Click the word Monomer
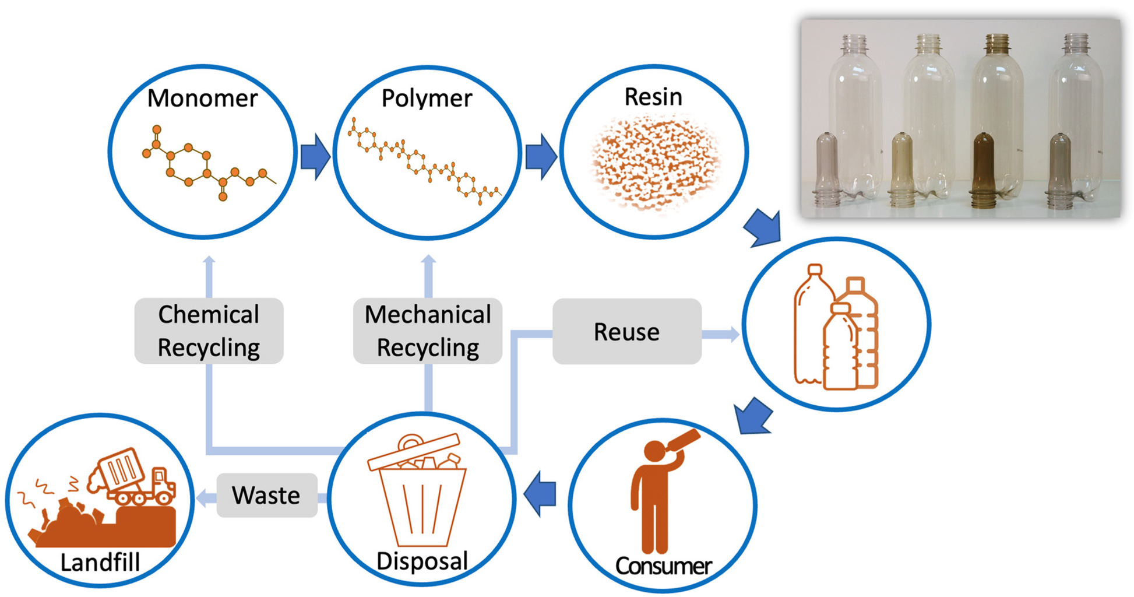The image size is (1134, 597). (x=202, y=98)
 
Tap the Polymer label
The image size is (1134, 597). (x=427, y=98)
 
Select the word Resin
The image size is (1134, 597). (x=653, y=97)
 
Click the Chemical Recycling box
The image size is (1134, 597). (x=209, y=331)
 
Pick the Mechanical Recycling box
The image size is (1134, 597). (x=428, y=331)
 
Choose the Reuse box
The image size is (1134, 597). (x=626, y=331)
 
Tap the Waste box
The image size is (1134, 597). (x=266, y=495)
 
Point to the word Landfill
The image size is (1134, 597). (x=100, y=563)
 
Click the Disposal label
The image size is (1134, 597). (x=422, y=561)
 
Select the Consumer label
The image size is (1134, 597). (x=663, y=566)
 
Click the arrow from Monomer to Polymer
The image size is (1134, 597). (x=315, y=156)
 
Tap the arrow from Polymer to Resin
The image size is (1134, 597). (x=541, y=156)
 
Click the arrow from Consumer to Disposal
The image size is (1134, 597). (x=540, y=494)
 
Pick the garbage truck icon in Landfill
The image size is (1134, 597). (x=133, y=476)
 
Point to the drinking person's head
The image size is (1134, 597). (x=655, y=451)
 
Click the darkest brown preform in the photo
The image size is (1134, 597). (x=984, y=169)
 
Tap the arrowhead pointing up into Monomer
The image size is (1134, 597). (x=209, y=261)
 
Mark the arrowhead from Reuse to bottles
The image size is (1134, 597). (x=732, y=334)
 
